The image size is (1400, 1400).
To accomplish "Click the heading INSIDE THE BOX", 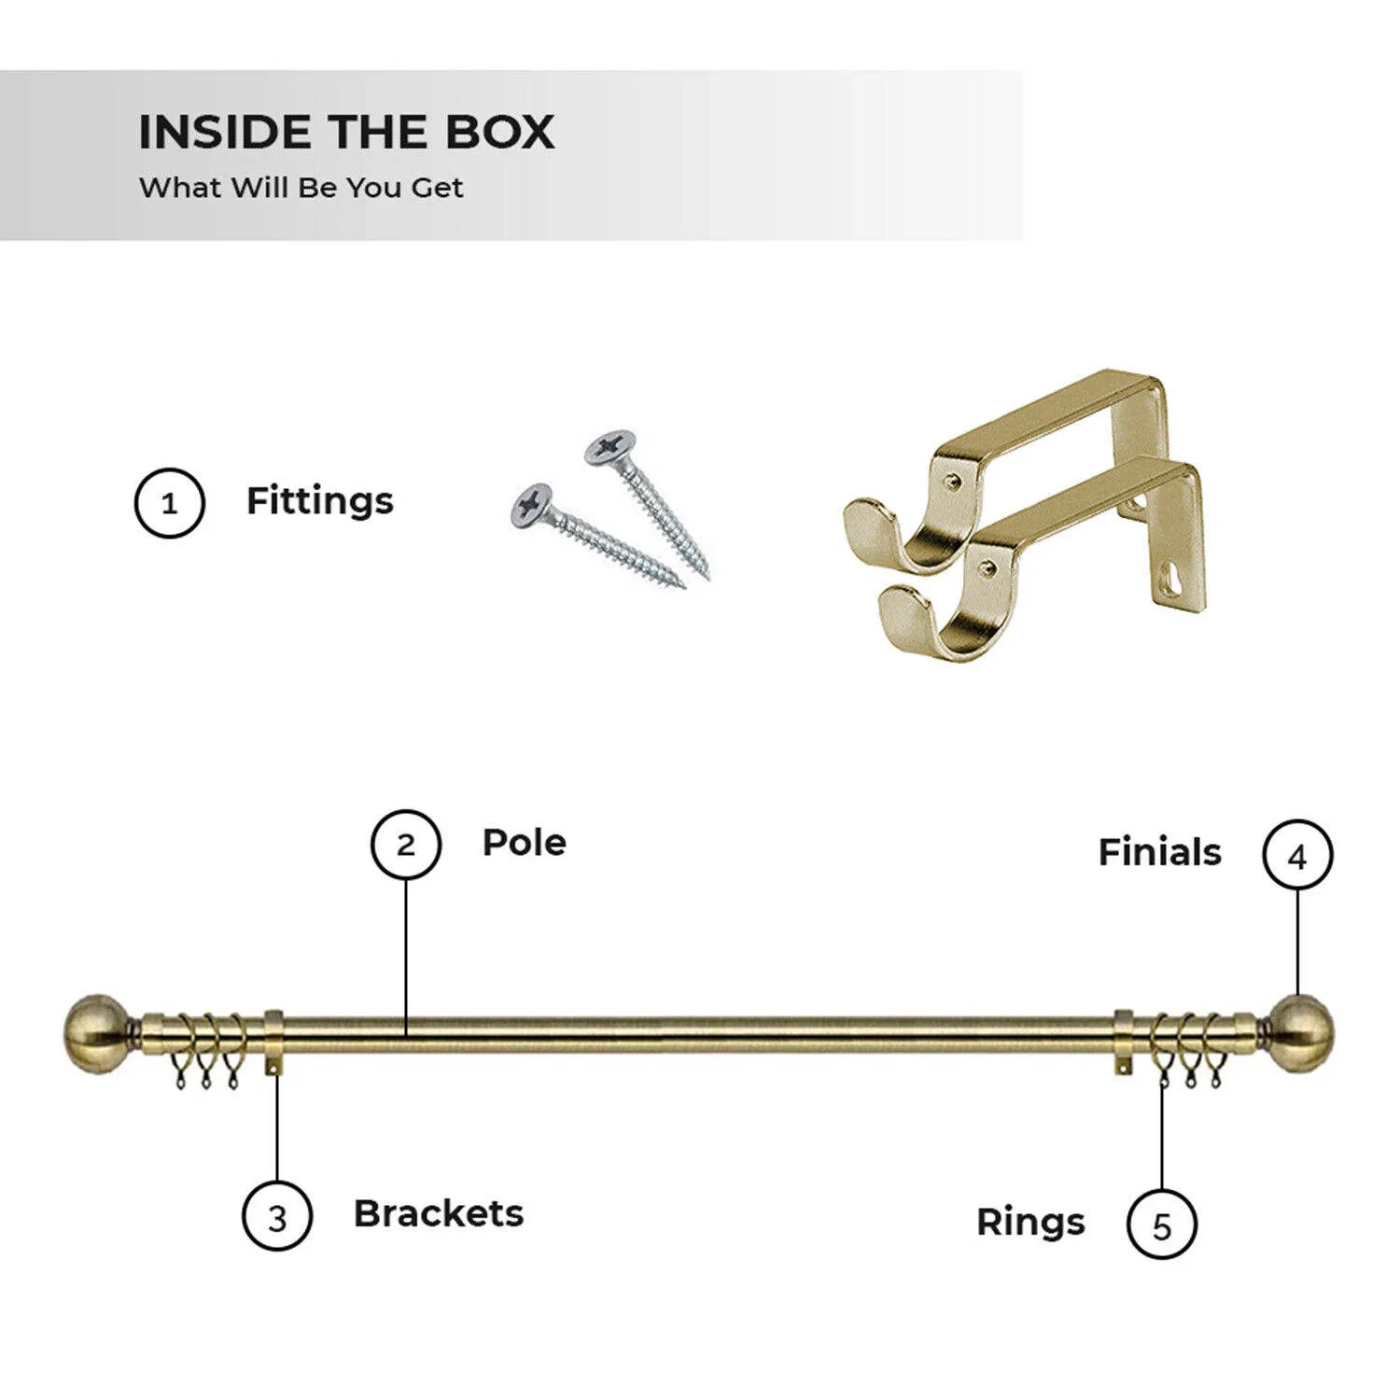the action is [346, 132].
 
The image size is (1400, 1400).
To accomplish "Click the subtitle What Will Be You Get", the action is [301, 188].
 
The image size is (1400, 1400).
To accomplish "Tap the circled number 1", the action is [169, 503].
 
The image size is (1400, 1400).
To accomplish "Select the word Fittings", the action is [319, 501].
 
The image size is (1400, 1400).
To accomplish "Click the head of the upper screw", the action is [611, 449].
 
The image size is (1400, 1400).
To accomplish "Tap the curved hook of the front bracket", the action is [919, 621].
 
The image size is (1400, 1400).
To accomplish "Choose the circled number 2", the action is [406, 845].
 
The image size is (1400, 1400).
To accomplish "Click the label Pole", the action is [525, 843].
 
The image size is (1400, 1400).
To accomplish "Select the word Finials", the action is [1159, 852].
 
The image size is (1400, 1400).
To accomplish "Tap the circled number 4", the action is [1297, 855].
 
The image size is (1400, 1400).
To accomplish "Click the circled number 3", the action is [277, 1216].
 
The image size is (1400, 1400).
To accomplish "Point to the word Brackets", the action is [439, 1213].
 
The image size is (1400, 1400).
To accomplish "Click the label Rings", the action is [1030, 1223].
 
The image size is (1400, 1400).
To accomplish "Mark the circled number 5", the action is [1162, 1225].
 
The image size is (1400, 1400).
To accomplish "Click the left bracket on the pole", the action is [274, 1041].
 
